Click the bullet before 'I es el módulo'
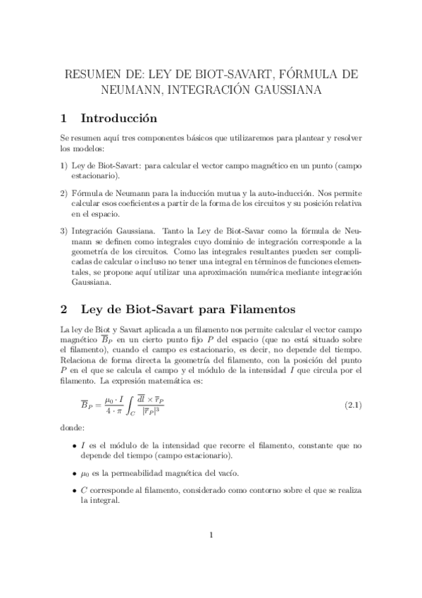click(75, 446)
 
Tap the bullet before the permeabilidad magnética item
click(75, 472)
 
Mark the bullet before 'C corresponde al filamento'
click(75, 489)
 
